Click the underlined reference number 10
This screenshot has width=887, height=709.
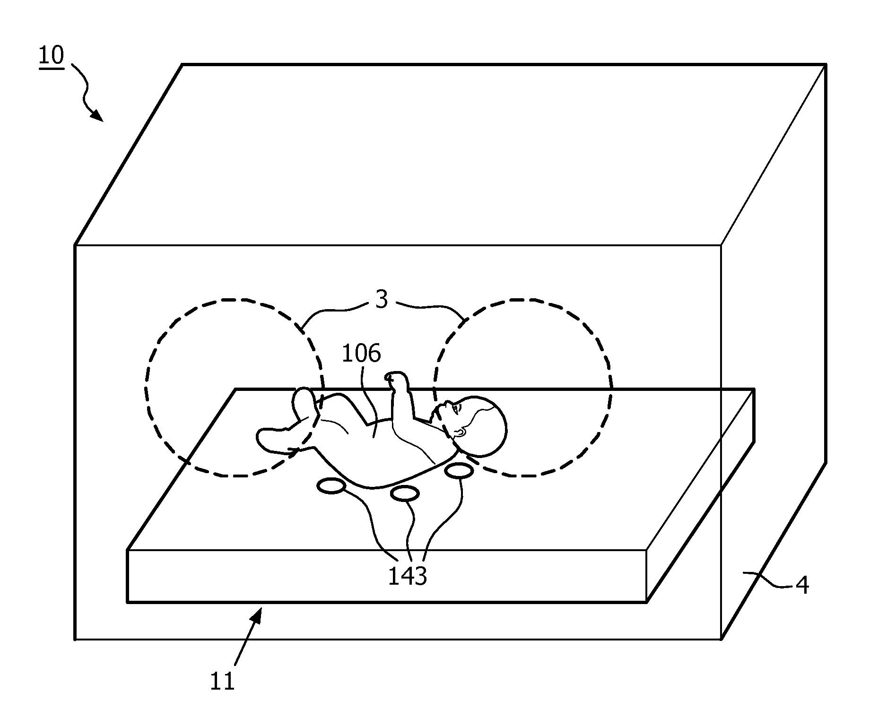51,56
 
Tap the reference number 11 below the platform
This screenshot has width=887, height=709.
222,681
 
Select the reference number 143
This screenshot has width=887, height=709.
407,576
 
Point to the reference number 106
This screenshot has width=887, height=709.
361,354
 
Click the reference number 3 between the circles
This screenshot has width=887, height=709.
382,299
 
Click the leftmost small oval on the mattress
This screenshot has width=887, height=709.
331,486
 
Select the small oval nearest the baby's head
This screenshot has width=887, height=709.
459,471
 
